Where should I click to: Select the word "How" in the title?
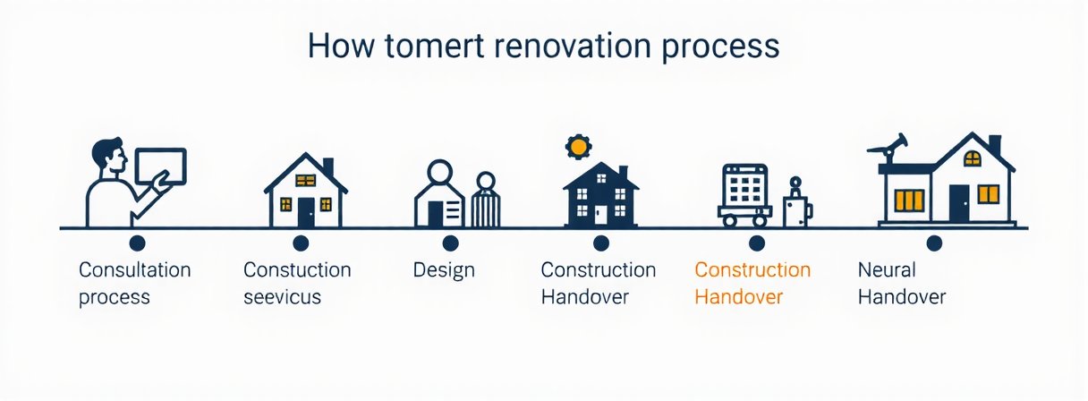coord(338,47)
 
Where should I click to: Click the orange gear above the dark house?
coord(578,146)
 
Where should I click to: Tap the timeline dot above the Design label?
coord(450,243)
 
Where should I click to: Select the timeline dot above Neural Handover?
coord(934,243)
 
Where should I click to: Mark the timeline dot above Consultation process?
coord(137,243)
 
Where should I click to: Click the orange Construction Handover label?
coord(752,283)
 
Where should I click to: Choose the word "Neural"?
coord(887,269)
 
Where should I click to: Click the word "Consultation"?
coord(134,269)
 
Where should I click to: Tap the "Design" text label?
coord(444,269)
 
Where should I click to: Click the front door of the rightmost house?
coord(958,203)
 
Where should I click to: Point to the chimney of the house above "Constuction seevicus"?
coord(327,167)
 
